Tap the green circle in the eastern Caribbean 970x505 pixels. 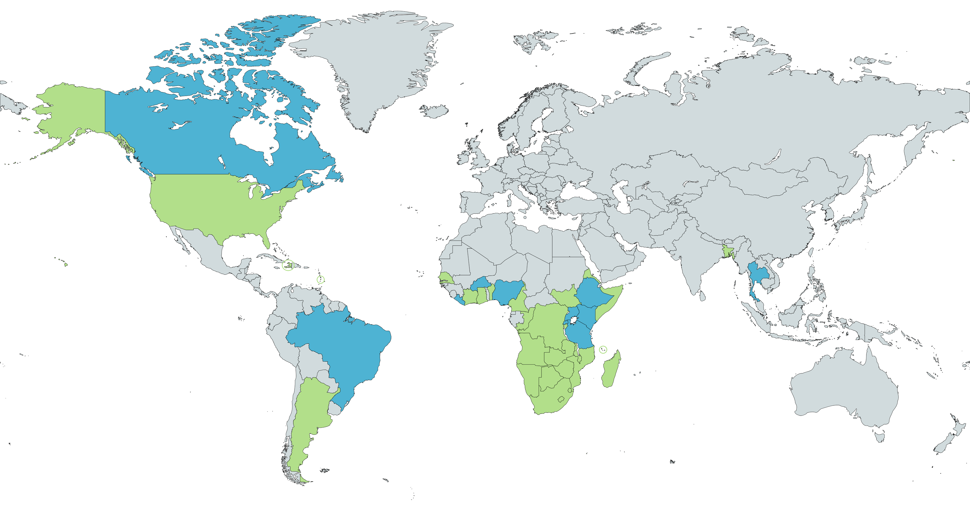[320, 279]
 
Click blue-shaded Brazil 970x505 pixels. [346, 346]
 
